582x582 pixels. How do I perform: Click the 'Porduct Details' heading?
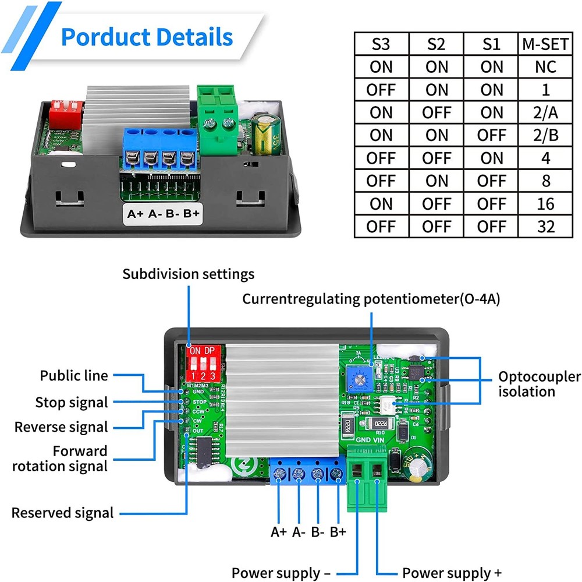(x=147, y=37)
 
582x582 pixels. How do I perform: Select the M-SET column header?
(x=545, y=44)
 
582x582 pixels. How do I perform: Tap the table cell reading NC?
(x=545, y=66)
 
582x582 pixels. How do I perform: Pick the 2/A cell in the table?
(x=545, y=112)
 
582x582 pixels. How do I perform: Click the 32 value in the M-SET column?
(x=545, y=226)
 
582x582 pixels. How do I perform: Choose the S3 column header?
(x=381, y=44)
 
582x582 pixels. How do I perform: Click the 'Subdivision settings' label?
(x=188, y=274)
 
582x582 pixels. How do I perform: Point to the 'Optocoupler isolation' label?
(x=539, y=384)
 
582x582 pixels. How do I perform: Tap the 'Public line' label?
(x=74, y=376)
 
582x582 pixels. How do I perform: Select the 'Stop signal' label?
(x=72, y=403)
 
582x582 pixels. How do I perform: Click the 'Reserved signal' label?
(x=63, y=513)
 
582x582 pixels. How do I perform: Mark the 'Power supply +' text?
(x=452, y=573)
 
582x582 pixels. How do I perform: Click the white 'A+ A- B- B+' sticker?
(x=164, y=213)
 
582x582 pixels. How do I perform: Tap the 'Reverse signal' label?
(x=61, y=427)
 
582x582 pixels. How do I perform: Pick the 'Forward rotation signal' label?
(x=60, y=458)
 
